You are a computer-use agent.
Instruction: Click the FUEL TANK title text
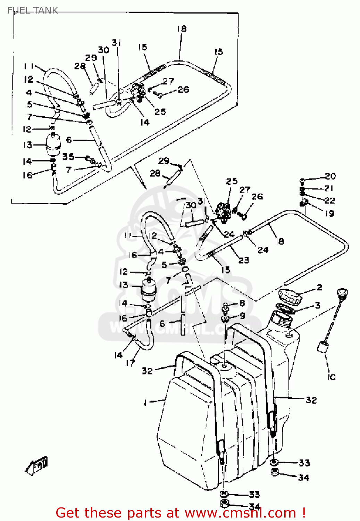33,10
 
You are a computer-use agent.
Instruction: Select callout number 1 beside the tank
145,402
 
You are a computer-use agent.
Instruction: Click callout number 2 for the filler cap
319,287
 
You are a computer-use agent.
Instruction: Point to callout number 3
318,305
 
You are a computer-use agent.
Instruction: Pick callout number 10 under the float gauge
332,377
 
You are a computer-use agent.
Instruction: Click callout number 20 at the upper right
330,176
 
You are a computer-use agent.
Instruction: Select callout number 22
329,200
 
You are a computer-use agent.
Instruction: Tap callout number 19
329,213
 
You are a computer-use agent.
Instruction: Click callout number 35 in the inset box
68,157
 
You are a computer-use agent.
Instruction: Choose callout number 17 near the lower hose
130,363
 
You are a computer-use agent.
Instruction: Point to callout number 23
244,260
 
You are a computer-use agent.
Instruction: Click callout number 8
242,303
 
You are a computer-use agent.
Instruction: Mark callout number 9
242,315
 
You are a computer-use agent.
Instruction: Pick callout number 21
329,188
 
